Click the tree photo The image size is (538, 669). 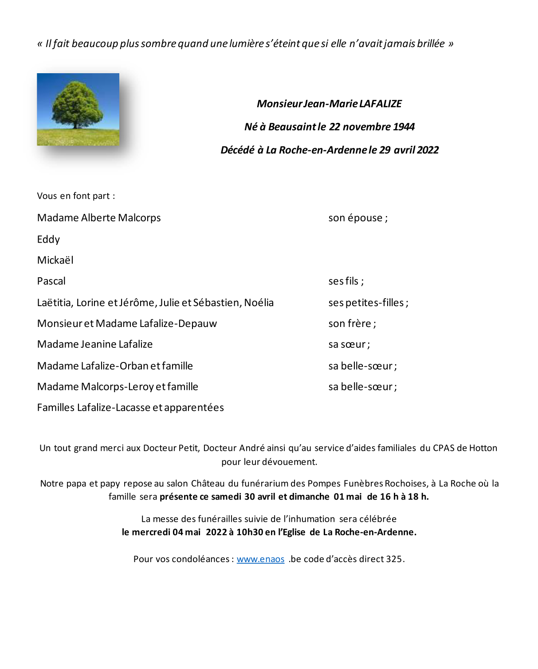pos(78,109)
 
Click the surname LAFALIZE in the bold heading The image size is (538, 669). pos(381,104)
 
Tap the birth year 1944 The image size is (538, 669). pos(404,127)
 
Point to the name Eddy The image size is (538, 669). pos(48,240)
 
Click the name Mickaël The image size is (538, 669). pos(55,260)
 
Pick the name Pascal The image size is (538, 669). pos(51,281)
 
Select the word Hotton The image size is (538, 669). pos(483,448)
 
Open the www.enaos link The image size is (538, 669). pos(260,559)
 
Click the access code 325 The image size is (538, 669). pos(394,559)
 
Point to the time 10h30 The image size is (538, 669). pos(249,532)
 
